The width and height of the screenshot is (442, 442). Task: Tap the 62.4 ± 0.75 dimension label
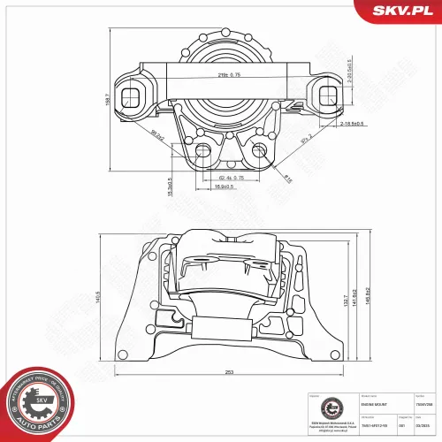click(228, 177)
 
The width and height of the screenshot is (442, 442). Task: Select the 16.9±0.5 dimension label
click(226, 187)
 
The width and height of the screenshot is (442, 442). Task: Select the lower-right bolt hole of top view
click(260, 150)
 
